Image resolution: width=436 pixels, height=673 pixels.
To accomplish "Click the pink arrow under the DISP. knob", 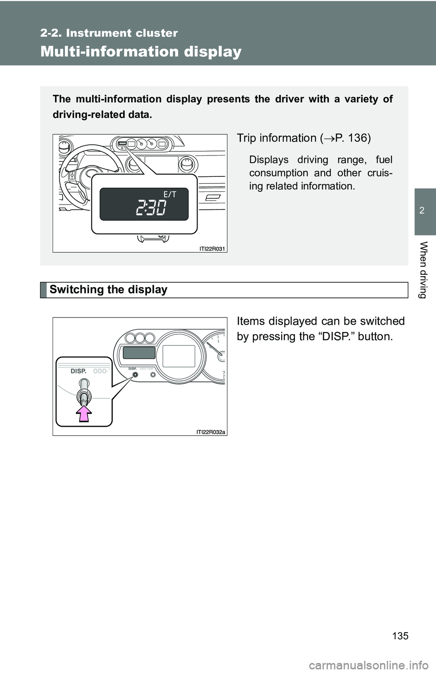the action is (x=84, y=414).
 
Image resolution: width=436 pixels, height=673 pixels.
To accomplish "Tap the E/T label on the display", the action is (x=170, y=195).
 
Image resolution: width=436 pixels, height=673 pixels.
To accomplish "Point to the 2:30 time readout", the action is (x=151, y=208).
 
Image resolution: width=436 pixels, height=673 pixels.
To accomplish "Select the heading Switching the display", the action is (x=109, y=289).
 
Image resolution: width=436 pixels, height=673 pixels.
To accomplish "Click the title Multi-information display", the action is (x=141, y=51).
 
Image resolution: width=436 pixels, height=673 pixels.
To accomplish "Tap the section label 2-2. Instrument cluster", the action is (x=109, y=33).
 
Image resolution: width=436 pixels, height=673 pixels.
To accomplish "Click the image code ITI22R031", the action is (x=212, y=249).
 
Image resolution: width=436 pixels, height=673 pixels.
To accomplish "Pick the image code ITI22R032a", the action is (x=211, y=432).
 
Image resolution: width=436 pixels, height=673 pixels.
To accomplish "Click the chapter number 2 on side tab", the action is (x=422, y=210).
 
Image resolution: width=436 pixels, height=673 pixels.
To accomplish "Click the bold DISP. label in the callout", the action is (x=79, y=371).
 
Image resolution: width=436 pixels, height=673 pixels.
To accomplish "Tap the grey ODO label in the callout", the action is (x=100, y=371).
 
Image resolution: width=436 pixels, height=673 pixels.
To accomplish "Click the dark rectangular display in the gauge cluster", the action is (x=139, y=353).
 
